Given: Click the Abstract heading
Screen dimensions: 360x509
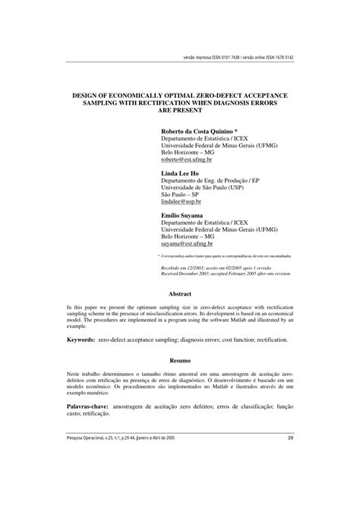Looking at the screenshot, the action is pos(179,292).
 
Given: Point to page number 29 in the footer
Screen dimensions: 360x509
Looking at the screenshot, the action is pos(291,479).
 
